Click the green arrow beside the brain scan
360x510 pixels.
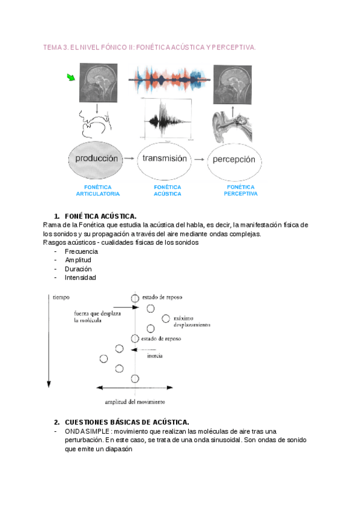point(71,78)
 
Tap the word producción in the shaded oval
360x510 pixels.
point(97,159)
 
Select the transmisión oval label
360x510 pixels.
point(165,158)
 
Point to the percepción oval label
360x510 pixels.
point(234,160)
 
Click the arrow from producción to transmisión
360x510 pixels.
point(129,158)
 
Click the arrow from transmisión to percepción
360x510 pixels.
point(199,159)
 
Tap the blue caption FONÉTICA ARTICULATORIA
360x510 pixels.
point(98,191)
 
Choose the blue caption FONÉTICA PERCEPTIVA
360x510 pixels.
point(241,190)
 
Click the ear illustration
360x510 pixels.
point(232,126)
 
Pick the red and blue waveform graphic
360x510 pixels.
point(169,79)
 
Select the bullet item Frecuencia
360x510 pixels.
point(81,251)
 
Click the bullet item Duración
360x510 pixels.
point(78,269)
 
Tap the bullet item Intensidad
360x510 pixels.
point(81,277)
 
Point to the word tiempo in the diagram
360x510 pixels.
point(61,297)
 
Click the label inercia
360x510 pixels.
point(154,356)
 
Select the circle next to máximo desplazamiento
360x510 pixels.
point(166,318)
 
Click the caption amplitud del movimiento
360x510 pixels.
point(135,402)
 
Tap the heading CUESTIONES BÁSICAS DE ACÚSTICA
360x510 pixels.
point(127,422)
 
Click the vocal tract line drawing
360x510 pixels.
point(95,124)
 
